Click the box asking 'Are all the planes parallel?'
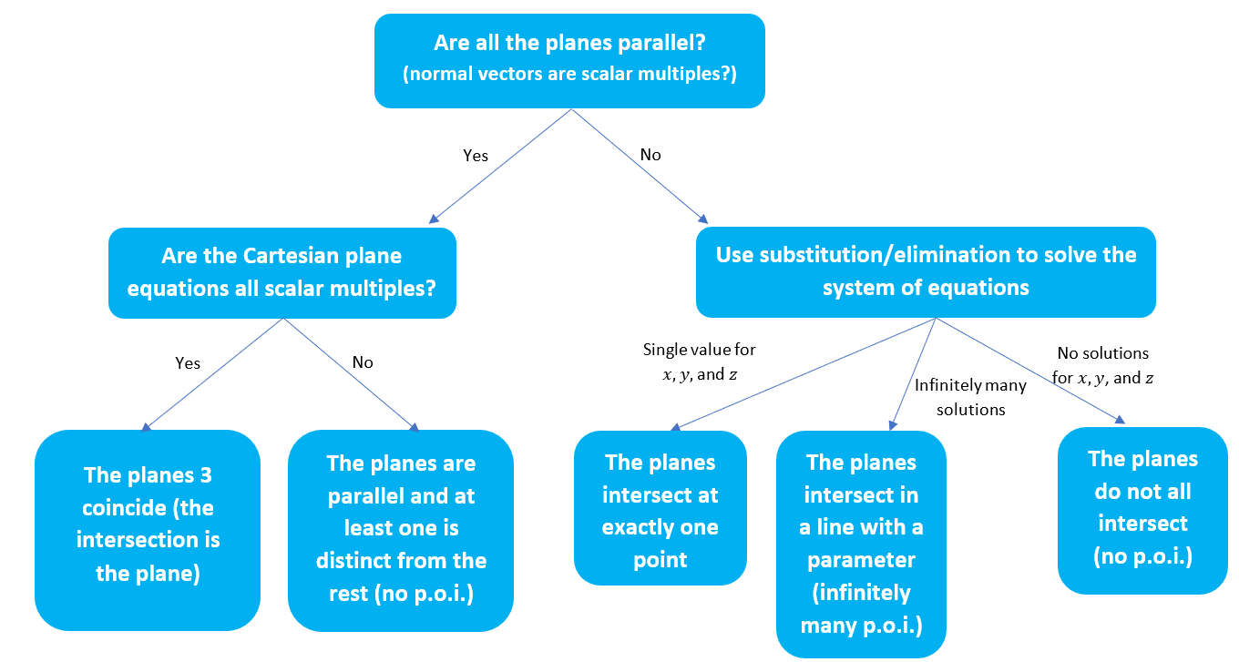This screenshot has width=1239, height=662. tap(569, 60)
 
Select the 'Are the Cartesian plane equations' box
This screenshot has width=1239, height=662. tap(282, 272)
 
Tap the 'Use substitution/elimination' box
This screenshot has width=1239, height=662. tap(926, 271)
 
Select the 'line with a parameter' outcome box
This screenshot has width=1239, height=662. tap(861, 545)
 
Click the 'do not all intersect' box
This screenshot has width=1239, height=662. tap(1142, 510)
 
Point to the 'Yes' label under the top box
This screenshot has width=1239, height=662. tap(476, 156)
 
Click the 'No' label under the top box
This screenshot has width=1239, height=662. tap(650, 155)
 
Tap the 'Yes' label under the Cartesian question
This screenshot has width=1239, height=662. tap(188, 363)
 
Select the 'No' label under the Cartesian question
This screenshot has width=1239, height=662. tap(363, 362)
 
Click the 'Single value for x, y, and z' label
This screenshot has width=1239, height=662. tap(699, 362)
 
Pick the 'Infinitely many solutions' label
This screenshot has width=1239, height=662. tap(970, 397)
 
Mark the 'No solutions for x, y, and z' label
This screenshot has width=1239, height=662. tap(1102, 365)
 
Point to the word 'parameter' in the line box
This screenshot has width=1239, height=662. tap(861, 559)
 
